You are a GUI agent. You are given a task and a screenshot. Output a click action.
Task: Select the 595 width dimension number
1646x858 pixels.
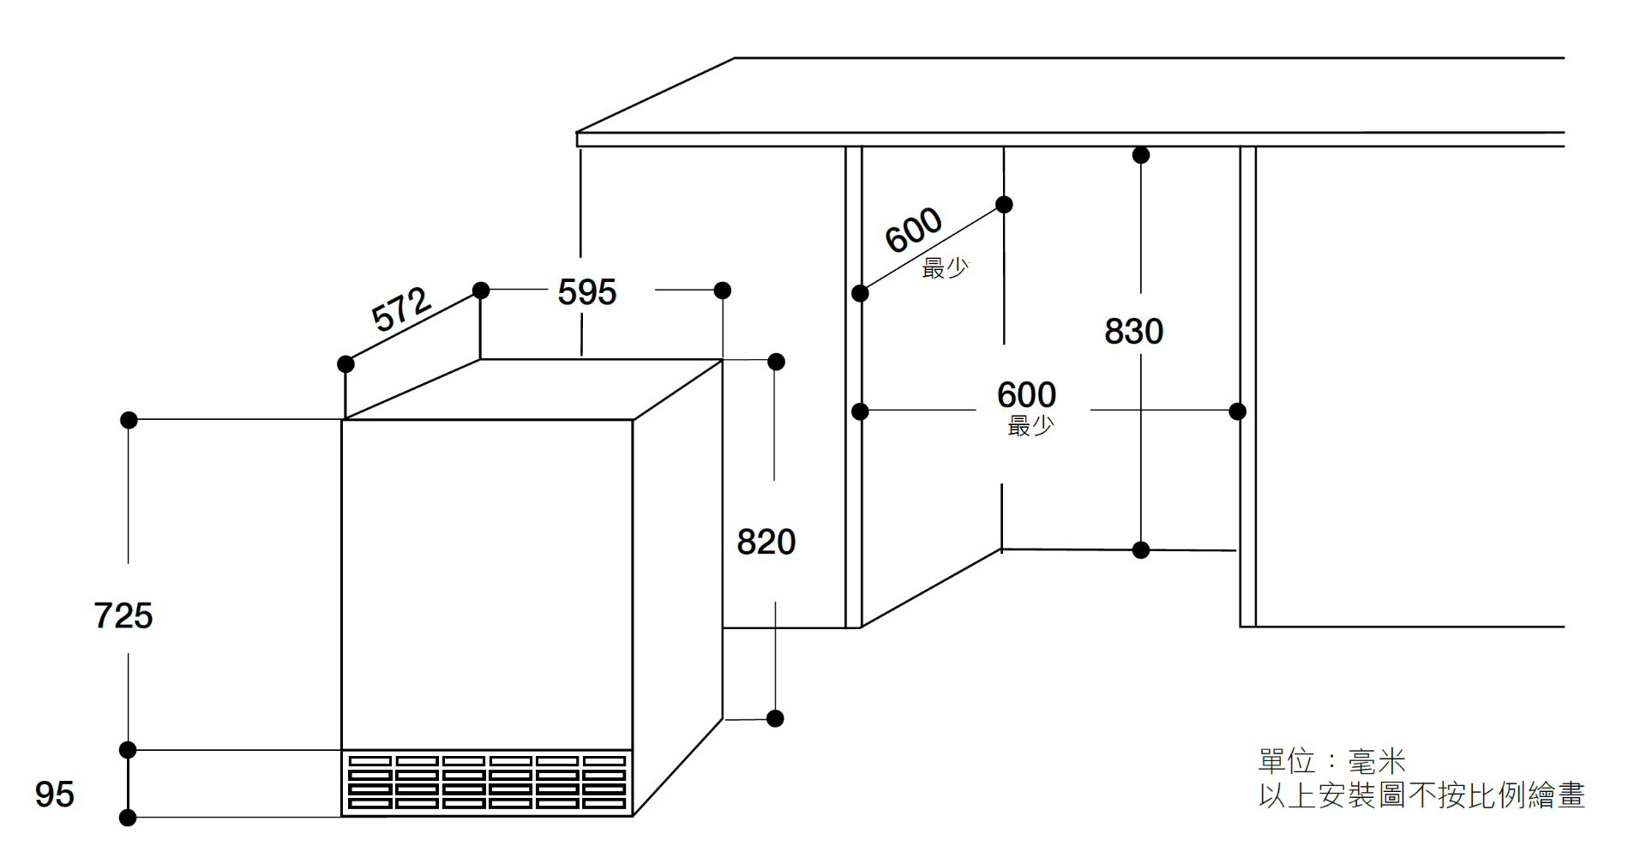tap(586, 292)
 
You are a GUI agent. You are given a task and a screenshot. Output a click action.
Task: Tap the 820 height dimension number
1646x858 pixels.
tap(766, 542)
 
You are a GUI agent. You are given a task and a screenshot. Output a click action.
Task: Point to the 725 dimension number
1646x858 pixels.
tap(123, 615)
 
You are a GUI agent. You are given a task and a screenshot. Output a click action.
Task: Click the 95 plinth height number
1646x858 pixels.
tap(54, 795)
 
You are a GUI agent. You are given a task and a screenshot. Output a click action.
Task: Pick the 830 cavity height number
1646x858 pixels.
tap(1133, 332)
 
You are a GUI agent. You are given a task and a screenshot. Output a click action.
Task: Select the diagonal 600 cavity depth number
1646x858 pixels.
tap(913, 230)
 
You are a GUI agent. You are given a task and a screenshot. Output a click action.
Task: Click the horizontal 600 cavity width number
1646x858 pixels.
tap(1026, 395)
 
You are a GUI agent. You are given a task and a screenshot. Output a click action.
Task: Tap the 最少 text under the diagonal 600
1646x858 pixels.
tap(945, 268)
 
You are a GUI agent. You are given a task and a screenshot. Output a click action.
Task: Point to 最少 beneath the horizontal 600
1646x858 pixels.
tap(1030, 425)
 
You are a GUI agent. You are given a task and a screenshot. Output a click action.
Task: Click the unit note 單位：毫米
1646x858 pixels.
tap(1331, 760)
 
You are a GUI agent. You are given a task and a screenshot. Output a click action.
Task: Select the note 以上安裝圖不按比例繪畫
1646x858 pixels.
tap(1421, 795)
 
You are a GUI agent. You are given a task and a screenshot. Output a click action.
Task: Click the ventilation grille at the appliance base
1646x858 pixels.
tap(487, 783)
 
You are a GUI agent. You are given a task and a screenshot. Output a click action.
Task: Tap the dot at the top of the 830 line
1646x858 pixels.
tap(1141, 155)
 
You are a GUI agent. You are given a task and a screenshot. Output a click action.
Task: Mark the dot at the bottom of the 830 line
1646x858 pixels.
tap(1141, 550)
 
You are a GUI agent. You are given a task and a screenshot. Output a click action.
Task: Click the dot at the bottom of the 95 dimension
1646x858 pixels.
tap(128, 818)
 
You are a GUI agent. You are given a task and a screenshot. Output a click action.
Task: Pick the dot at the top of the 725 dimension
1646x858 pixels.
tap(129, 420)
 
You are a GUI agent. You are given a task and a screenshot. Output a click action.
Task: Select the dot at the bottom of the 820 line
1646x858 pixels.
tap(775, 718)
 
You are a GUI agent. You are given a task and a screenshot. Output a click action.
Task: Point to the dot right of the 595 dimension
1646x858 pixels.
tap(723, 291)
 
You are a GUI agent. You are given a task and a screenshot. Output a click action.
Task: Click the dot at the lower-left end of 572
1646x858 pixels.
tap(345, 364)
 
